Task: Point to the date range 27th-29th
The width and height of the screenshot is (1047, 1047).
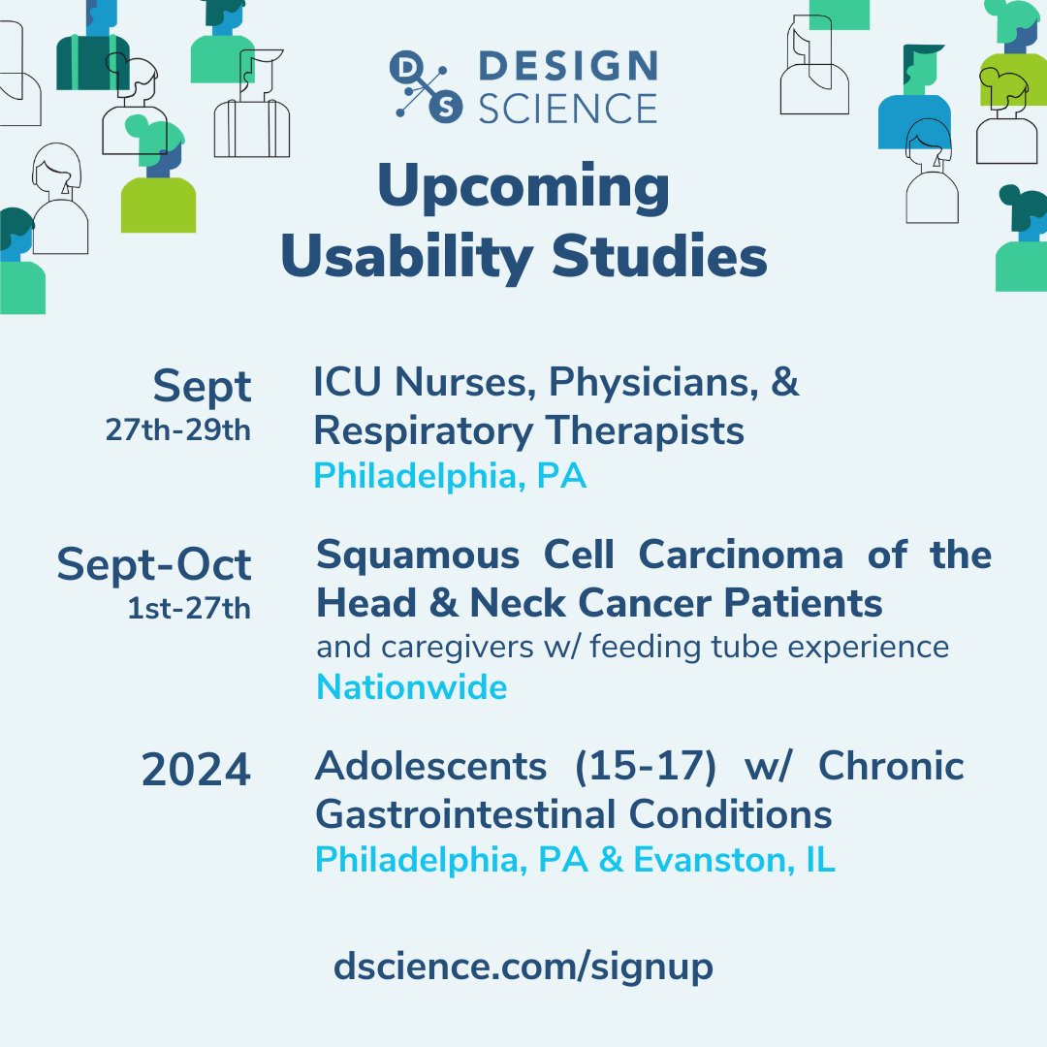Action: point(177,429)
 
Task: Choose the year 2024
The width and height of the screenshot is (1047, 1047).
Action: point(196,771)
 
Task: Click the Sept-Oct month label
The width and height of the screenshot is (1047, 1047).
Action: point(154,564)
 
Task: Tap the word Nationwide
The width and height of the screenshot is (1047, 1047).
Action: point(412,687)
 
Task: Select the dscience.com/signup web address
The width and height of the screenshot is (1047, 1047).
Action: point(523,966)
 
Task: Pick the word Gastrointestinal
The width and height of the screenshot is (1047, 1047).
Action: point(474,814)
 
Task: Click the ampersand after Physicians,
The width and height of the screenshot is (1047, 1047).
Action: point(786,382)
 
